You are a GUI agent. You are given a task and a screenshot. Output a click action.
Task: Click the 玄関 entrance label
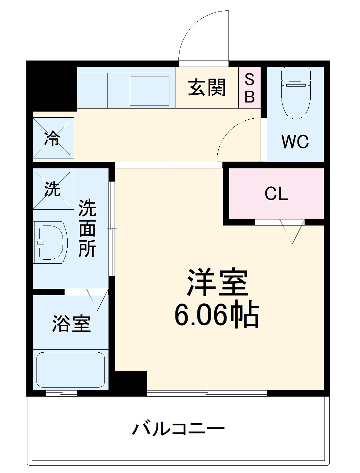pyautogui.click(x=207, y=87)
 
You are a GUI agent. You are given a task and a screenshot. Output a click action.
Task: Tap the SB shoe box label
pyautogui.click(x=249, y=88)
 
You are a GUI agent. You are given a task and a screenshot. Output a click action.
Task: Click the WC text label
pyautogui.click(x=295, y=142)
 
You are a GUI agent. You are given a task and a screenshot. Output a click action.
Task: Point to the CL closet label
pyautogui.click(x=276, y=194)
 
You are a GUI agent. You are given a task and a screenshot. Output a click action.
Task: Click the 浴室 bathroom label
pyautogui.click(x=71, y=324)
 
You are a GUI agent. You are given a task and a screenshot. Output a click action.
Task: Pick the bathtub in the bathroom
pyautogui.click(x=70, y=370)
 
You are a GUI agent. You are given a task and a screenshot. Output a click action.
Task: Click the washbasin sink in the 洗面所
pyautogui.click(x=51, y=242)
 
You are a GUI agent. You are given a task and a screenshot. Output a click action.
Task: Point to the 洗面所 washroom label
pyautogui.click(x=88, y=229)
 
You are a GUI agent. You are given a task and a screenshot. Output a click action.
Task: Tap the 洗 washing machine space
pyautogui.click(x=53, y=189)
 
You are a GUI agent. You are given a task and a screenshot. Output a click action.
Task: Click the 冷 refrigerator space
pyautogui.click(x=53, y=138)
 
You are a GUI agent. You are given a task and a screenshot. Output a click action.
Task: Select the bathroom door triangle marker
pyautogui.click(x=97, y=299)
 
